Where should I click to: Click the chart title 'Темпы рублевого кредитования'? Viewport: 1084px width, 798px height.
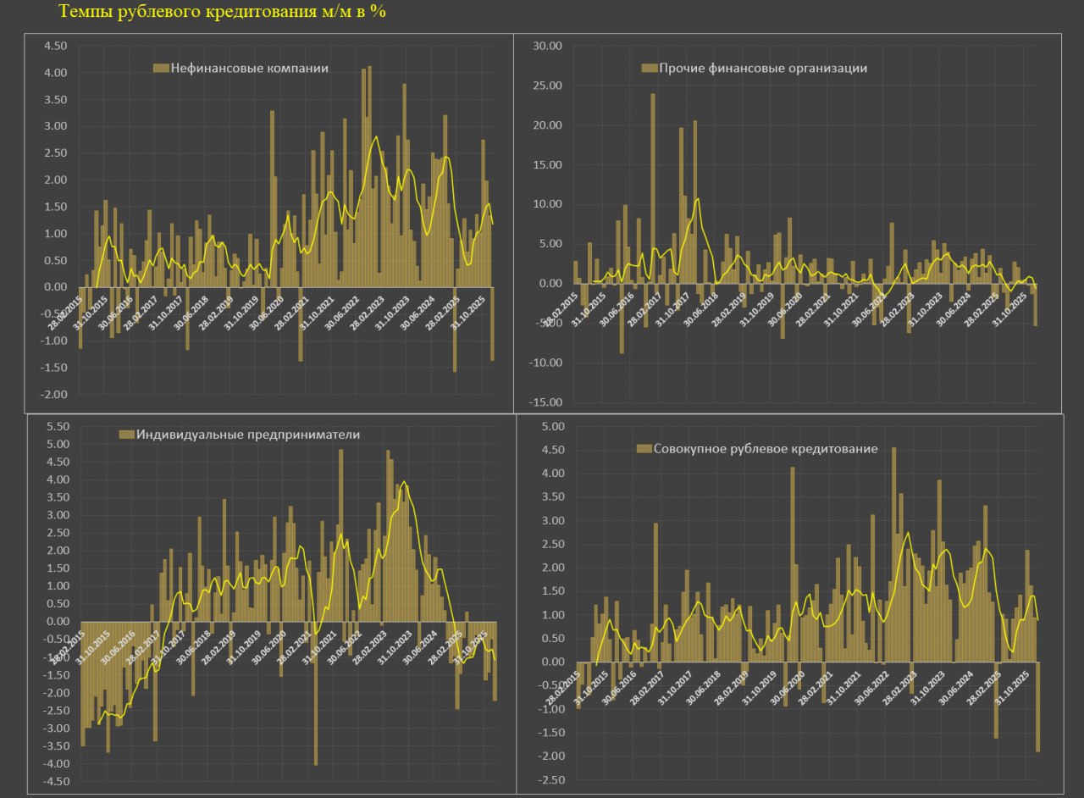[222, 13]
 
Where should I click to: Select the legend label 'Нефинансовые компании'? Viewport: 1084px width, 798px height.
[249, 68]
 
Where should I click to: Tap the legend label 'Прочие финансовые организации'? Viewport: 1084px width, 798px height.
[763, 68]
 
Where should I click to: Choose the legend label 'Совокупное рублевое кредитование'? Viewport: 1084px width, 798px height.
[766, 448]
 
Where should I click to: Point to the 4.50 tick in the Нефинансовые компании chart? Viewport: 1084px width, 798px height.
[56, 47]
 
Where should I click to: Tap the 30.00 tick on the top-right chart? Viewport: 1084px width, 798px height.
[546, 46]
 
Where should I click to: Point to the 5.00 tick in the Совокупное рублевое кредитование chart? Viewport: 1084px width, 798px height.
[550, 426]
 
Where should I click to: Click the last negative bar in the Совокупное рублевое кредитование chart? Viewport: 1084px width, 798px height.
[1037, 707]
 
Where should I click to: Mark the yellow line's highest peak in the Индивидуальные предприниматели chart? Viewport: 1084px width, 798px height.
[404, 482]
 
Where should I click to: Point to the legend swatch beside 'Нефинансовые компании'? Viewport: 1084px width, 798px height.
[160, 68]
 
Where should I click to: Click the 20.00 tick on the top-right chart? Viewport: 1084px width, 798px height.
[546, 125]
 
